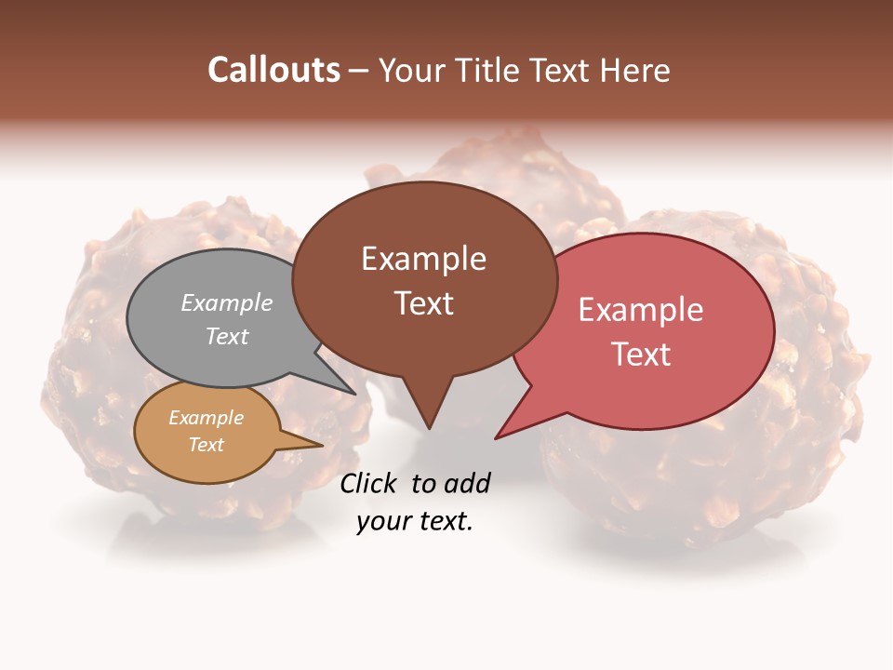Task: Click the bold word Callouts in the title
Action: coord(273,70)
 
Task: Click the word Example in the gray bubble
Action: coord(227,302)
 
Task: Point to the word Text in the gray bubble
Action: coord(227,336)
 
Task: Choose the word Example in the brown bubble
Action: coord(423,259)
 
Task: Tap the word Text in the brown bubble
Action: coord(423,303)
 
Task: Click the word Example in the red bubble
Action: coord(641,310)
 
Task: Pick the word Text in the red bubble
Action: coord(641,355)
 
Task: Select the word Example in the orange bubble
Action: coord(206,418)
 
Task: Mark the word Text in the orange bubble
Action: coord(206,445)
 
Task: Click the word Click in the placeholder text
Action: coord(368,483)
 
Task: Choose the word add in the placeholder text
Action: coord(467,483)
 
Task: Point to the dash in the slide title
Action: coord(359,71)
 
